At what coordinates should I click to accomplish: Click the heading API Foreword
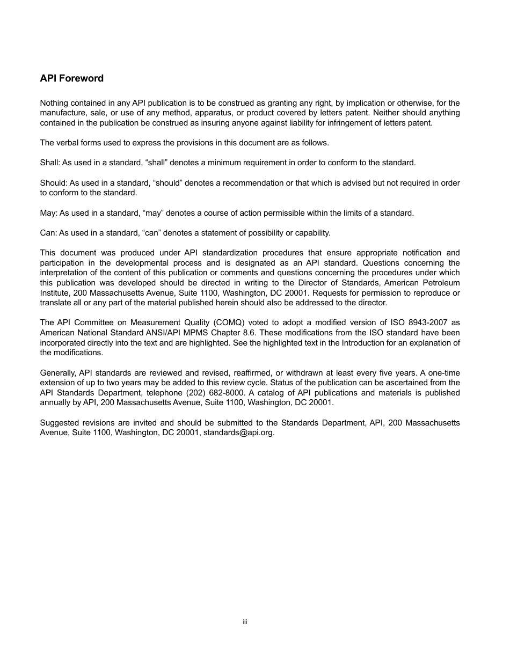click(71, 78)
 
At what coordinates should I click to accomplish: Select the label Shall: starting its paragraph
click(50, 163)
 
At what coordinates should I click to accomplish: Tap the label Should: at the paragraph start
click(53, 183)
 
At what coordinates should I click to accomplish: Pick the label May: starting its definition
click(48, 213)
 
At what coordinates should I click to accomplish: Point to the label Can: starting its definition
click(48, 233)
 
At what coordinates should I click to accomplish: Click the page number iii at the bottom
click(244, 622)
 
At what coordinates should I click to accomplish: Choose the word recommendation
click(253, 183)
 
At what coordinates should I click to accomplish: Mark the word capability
click(312, 233)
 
